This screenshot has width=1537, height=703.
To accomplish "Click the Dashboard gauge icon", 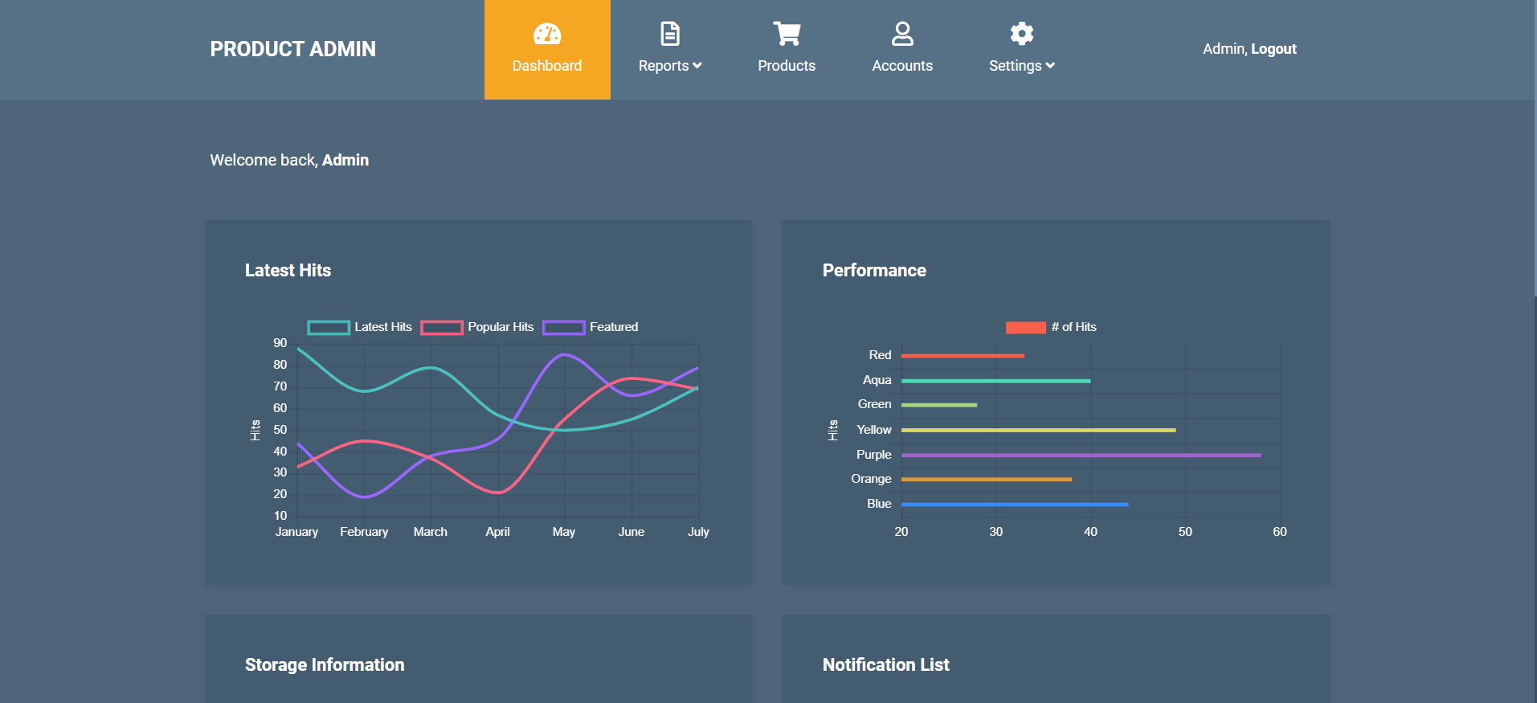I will point(547,34).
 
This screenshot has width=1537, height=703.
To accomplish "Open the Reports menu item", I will point(669,66).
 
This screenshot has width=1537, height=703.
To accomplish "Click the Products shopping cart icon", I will point(787,34).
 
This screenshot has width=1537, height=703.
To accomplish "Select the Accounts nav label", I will point(902,66).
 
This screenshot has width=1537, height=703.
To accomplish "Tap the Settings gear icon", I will point(1021,34).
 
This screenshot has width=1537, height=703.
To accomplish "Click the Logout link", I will point(1273,49).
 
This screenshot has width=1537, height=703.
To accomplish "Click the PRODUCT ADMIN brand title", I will point(292,49).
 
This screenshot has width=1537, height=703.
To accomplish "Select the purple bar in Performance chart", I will point(1081,456).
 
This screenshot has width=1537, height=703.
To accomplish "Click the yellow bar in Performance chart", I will point(1038,431).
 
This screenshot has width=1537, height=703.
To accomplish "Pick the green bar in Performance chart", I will point(938,405).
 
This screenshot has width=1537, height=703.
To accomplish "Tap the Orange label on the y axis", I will point(871,479).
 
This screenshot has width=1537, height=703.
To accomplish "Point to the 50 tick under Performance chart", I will point(1185,532).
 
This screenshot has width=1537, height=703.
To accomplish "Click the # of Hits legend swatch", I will point(1025,327).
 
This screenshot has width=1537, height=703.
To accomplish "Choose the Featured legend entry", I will point(591,327).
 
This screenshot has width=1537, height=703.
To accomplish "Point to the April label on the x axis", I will point(497,532).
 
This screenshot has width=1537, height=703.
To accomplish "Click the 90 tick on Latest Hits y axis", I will point(280,343).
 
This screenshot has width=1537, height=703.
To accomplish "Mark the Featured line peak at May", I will point(565,354).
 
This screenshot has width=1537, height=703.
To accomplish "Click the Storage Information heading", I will point(325,665).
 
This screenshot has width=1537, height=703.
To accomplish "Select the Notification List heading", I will point(885,665).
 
